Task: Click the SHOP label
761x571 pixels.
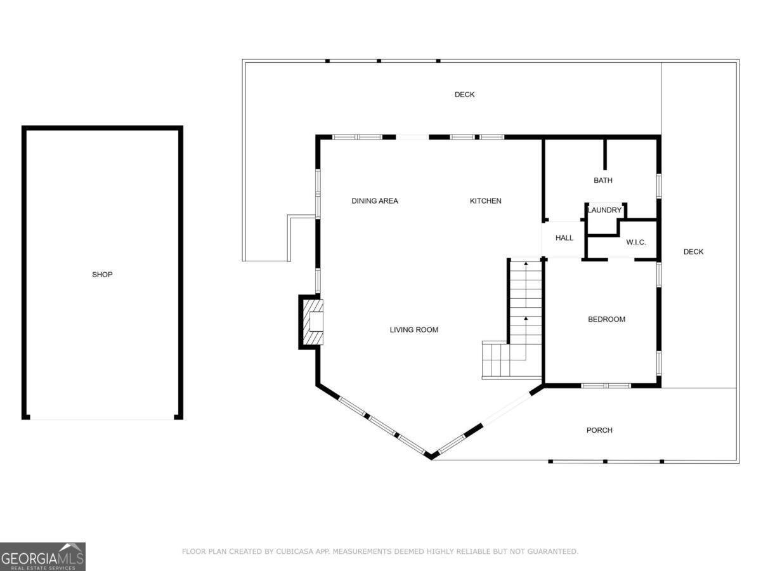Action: pyautogui.click(x=102, y=275)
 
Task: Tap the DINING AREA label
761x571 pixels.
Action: pyautogui.click(x=375, y=201)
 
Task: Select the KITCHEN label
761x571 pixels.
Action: pyautogui.click(x=485, y=201)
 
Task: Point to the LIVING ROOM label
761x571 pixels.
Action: pyautogui.click(x=413, y=330)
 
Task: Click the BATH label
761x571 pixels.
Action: pyautogui.click(x=603, y=181)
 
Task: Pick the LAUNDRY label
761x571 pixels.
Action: pyautogui.click(x=604, y=210)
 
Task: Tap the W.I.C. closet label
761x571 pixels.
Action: pyautogui.click(x=636, y=242)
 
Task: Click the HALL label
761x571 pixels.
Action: pyautogui.click(x=564, y=238)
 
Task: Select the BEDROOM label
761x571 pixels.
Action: pyautogui.click(x=606, y=319)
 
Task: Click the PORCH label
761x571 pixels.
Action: pyautogui.click(x=599, y=430)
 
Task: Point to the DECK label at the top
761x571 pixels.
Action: pyautogui.click(x=464, y=95)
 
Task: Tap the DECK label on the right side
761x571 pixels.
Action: pyautogui.click(x=693, y=252)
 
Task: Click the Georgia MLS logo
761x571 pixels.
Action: pyautogui.click(x=42, y=556)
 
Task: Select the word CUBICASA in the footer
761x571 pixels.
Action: pyautogui.click(x=293, y=551)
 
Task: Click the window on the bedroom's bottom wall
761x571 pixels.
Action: pyautogui.click(x=606, y=385)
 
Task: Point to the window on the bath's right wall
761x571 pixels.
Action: pyautogui.click(x=659, y=185)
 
